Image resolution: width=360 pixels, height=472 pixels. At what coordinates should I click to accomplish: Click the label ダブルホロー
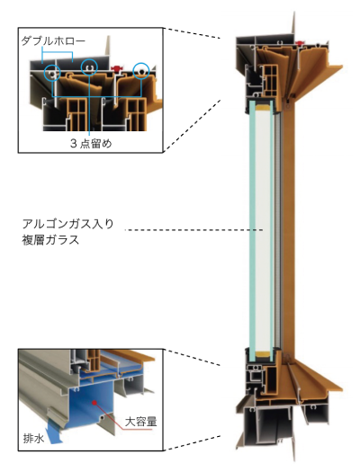tap(53, 41)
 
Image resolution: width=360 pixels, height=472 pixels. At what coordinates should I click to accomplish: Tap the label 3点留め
tap(91, 143)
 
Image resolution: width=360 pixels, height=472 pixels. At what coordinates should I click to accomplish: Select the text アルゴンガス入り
tap(68, 224)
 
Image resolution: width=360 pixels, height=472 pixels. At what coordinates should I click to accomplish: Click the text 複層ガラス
tap(50, 240)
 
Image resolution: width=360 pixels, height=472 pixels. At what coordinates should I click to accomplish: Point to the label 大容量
tap(141, 422)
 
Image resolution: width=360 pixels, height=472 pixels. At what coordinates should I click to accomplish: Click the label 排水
tap(33, 439)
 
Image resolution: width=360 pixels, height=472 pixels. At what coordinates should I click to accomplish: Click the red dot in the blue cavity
tap(94, 402)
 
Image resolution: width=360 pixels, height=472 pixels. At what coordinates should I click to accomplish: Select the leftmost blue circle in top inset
tap(52, 73)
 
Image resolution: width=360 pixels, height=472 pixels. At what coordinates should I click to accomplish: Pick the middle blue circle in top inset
tap(89, 67)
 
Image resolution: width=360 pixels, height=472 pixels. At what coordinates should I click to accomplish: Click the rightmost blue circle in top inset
tap(141, 71)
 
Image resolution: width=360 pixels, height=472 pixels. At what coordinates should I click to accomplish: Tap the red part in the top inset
tap(118, 68)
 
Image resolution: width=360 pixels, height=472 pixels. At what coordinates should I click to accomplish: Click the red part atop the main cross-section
tap(299, 43)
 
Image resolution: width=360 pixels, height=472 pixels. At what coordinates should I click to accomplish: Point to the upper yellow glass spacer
tap(263, 107)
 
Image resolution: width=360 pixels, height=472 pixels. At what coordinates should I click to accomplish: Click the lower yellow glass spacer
tap(263, 353)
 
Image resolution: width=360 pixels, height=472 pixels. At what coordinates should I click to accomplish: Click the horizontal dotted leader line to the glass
tap(193, 230)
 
